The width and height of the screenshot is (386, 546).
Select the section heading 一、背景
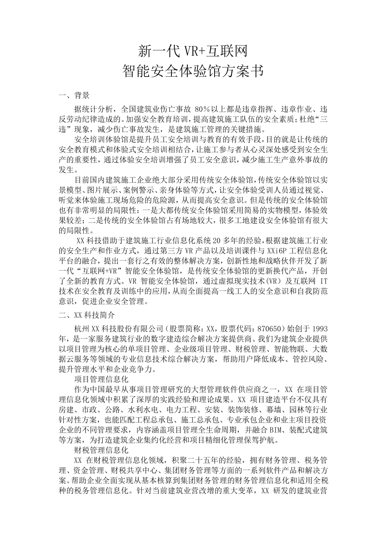pyautogui.click(x=74, y=95)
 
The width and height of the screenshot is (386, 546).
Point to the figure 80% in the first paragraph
pyautogui.click(x=203, y=110)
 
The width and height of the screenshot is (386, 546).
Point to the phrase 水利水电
pyautogui.click(x=143, y=409)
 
